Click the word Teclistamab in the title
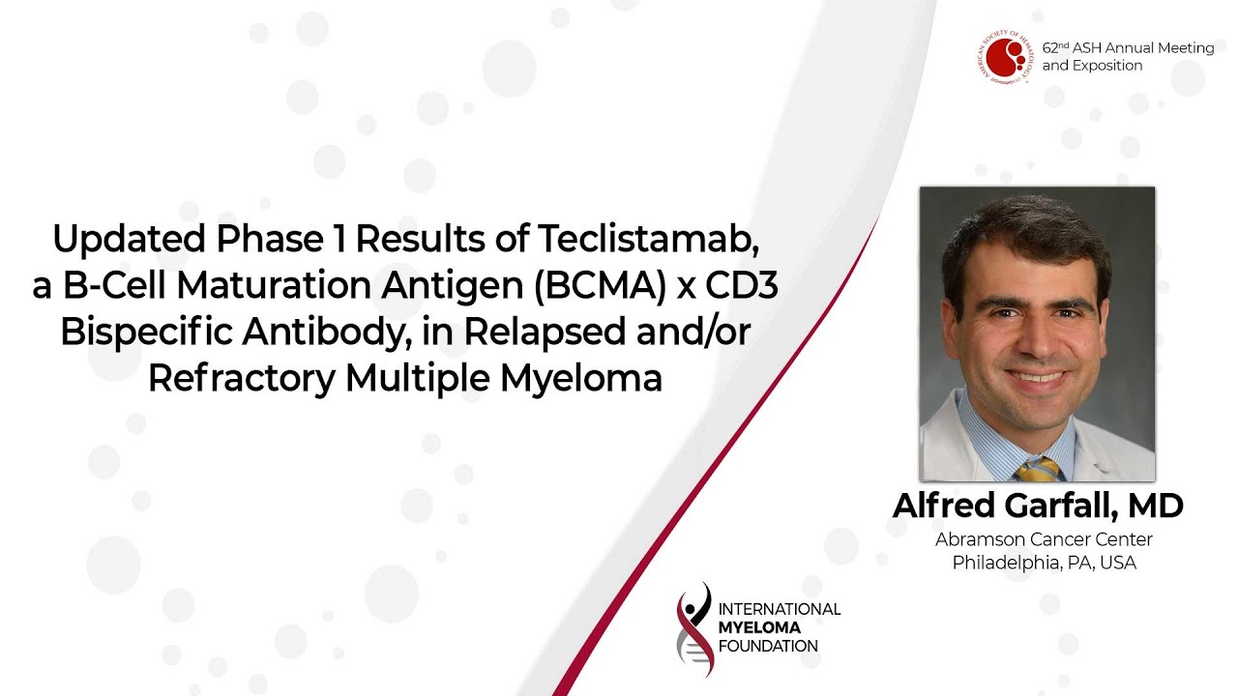pos(649,239)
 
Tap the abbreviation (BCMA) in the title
pos(601,285)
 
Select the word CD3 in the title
pos(742,285)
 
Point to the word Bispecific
pos(146,333)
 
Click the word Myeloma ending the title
pos(581,378)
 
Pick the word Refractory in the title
pos(242,378)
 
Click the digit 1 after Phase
pos(341,239)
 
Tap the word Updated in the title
pos(130,239)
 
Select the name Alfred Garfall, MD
pos(1038,506)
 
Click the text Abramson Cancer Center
pos(1044,539)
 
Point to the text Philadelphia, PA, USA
pos(1044,563)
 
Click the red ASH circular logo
pos(1005,57)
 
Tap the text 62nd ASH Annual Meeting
pos(1128,48)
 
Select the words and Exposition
pos(1092,66)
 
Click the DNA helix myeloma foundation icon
pos(694,629)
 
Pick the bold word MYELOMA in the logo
pos(759,627)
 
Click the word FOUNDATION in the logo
pos(768,646)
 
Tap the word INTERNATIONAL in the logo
pos(780,609)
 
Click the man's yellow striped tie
pos(1038,469)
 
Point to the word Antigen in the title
pos(452,285)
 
